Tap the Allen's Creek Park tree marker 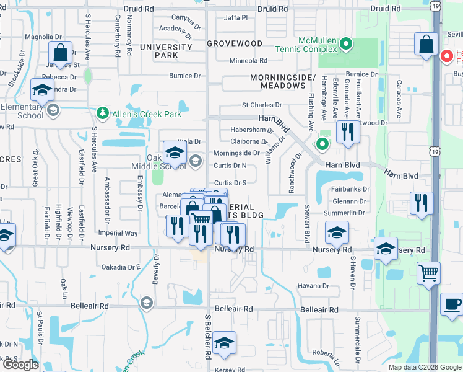pos(103,114)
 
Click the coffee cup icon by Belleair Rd pos(451,304)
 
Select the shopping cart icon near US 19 pos(428,272)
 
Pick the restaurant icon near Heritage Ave pos(347,131)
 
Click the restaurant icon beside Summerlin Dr pos(422,203)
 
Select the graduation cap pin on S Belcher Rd pos(224,343)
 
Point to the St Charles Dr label pos(262,105)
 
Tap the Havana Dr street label pos(313,286)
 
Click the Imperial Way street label pos(118,233)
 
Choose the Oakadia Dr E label pos(121,267)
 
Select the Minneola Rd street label pos(248,61)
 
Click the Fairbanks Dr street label pos(350,189)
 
